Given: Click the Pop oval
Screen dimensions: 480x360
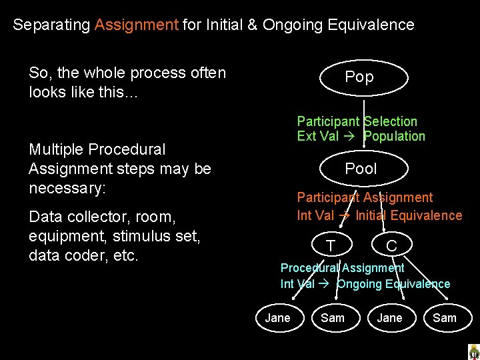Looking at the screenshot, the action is tap(359, 77).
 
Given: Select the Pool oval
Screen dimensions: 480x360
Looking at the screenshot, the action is tap(361, 169).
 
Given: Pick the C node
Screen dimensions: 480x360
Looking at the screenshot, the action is tap(391, 246).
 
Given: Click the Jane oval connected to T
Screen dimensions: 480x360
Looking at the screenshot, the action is tap(277, 318).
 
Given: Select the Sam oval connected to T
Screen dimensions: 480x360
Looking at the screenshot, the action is tap(333, 318).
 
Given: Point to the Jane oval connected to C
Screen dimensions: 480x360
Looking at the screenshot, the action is tap(389, 318).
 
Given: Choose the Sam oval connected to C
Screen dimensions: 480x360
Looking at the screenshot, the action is tap(445, 318).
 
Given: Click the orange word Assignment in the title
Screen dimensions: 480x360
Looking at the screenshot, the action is tap(137, 25).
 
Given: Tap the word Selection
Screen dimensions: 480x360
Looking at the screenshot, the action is tap(391, 121).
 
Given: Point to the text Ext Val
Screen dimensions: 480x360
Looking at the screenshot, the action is tap(318, 137).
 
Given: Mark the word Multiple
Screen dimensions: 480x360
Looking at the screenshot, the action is tap(56, 149).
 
